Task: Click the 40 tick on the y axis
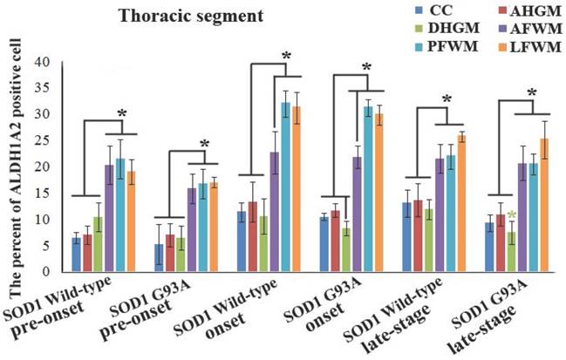42,62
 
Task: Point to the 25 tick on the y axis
42,140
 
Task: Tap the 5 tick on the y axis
45,245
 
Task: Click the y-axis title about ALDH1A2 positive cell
13,166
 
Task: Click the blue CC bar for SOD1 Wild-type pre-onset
77,254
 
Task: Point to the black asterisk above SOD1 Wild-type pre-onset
122,114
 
